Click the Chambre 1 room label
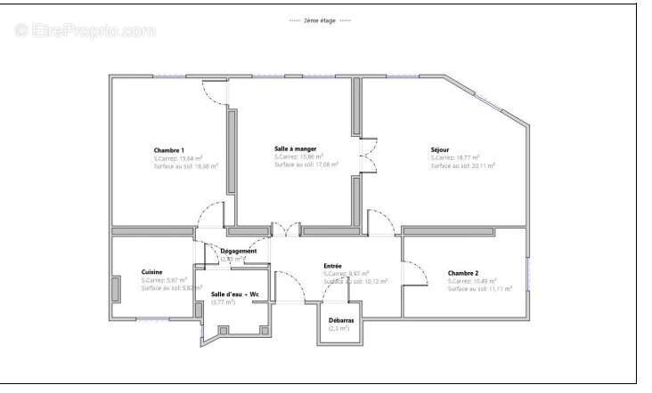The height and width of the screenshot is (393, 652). coord(169,150)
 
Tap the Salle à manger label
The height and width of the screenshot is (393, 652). coord(295,148)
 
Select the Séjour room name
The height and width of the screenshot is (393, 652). coord(440,149)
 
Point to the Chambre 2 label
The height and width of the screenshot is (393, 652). coord(463,273)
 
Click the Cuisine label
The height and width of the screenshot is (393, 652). coord(151,272)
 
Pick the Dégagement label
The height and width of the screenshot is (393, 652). coord(239,251)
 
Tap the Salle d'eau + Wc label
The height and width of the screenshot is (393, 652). coord(235,294)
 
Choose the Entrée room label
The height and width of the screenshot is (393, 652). coord(332,265)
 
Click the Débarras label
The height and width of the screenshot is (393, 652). coord(340,320)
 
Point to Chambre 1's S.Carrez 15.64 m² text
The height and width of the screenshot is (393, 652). coord(179,158)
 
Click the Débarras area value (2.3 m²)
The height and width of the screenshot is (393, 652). coord(339,328)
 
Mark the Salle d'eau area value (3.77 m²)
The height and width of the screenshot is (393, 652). coord(224,302)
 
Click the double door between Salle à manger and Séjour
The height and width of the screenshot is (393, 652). coord(366,156)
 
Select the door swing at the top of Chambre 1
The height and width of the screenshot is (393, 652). coord(215,91)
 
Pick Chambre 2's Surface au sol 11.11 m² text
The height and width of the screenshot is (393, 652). coord(479,289)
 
